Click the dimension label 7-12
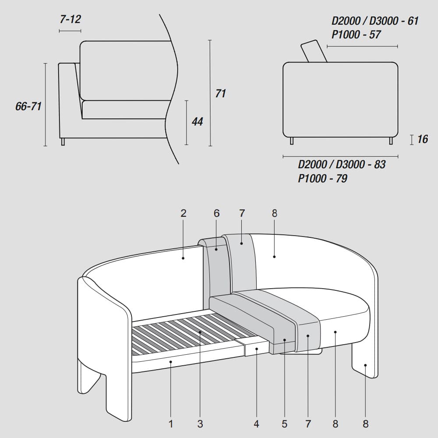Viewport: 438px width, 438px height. point(70,19)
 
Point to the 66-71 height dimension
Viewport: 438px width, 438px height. point(28,106)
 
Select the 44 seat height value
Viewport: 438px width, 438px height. point(198,121)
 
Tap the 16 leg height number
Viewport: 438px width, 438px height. point(423,139)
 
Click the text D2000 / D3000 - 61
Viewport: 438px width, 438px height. point(375,21)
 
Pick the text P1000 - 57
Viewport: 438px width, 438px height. point(356,35)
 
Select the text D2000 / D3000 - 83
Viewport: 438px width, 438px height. point(342,164)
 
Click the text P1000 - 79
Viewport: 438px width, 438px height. point(323,178)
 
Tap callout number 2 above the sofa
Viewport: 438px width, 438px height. point(184,213)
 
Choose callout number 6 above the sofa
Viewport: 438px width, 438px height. point(216,213)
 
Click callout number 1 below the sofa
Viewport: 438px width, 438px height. point(171,424)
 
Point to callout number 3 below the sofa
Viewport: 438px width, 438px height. point(200,424)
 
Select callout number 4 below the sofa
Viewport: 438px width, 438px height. point(256,424)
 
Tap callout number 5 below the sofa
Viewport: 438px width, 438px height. point(285,424)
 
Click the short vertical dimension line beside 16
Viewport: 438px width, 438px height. point(412,139)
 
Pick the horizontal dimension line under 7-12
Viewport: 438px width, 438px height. point(70,31)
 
